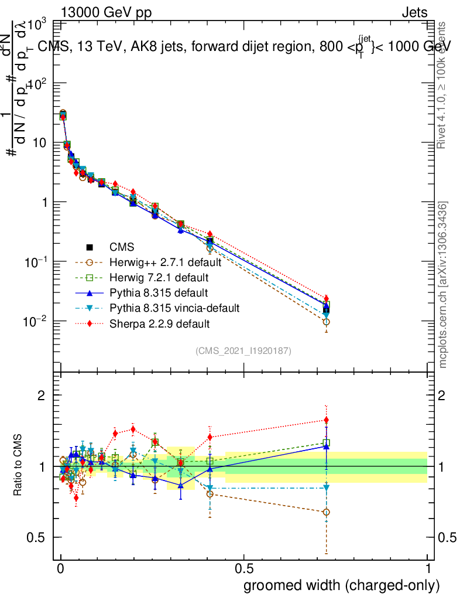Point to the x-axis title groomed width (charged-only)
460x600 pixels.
[341, 585]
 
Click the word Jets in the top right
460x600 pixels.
[414, 13]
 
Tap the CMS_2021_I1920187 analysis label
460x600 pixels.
[243, 350]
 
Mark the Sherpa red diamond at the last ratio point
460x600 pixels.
[326, 420]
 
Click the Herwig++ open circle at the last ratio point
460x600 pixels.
[326, 512]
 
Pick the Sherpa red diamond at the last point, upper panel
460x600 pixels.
[326, 298]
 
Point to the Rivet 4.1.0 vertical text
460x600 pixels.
[444, 85]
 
